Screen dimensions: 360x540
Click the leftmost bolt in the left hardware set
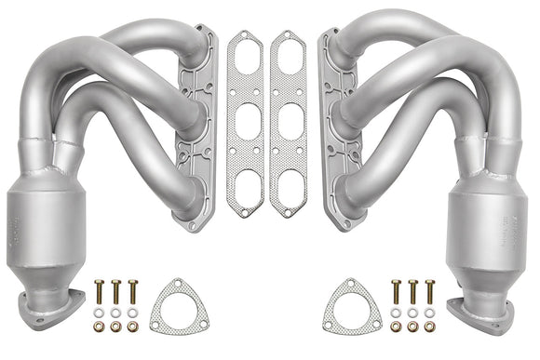pyautogui.click(x=99, y=290)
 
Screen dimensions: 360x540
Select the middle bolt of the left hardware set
pyautogui.click(x=115, y=290)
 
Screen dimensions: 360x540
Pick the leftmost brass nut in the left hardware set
pyautogui.click(x=99, y=327)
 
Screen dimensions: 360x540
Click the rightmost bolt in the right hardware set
pyautogui.click(x=429, y=290)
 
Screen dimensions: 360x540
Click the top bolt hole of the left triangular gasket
pyautogui.click(x=174, y=283)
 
